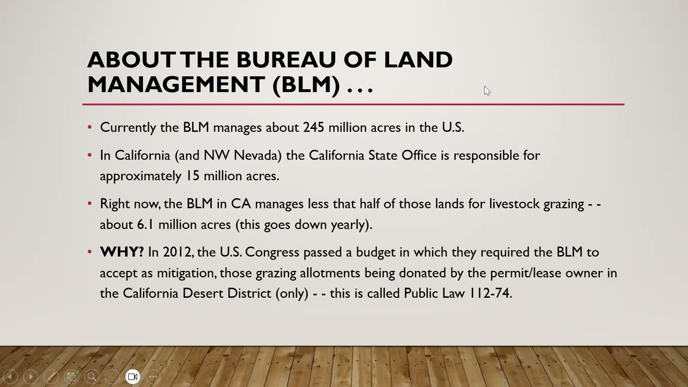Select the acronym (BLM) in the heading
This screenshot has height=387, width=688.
306,84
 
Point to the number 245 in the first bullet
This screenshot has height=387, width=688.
313,127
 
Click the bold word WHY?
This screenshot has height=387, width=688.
122,252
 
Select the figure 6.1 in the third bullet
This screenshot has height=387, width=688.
145,225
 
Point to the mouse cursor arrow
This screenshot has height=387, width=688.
486,91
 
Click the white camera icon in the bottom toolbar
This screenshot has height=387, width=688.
133,377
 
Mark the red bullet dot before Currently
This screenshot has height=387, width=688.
90,127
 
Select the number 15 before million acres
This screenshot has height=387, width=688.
193,176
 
